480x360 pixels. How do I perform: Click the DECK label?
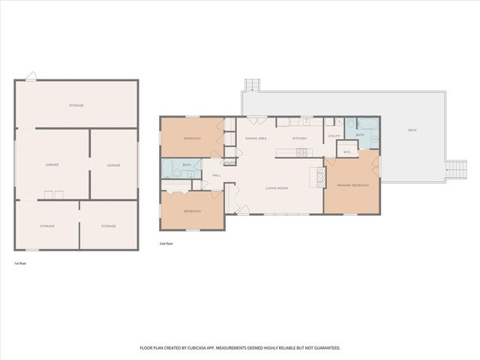[x=412, y=130]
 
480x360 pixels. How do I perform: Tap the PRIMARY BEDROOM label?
[x=351, y=184]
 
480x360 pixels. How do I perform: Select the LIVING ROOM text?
[x=277, y=188]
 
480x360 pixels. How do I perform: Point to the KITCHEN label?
[x=299, y=139]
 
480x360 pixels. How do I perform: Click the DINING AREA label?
[x=256, y=139]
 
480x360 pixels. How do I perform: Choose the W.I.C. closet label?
[x=347, y=152]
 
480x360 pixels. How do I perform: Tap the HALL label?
[x=216, y=175]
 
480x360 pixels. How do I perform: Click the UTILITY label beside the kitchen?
[x=334, y=136]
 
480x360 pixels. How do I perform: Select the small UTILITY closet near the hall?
[x=229, y=163]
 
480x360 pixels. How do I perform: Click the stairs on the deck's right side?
[x=454, y=171]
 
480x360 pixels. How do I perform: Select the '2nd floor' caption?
[x=166, y=244]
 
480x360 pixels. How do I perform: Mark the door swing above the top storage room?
[x=30, y=76]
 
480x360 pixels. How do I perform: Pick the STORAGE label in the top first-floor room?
[x=76, y=106]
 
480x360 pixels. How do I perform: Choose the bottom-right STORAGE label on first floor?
[x=109, y=226]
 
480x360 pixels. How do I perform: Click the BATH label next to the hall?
[x=186, y=164]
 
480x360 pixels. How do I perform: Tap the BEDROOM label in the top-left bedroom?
[x=191, y=139]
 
